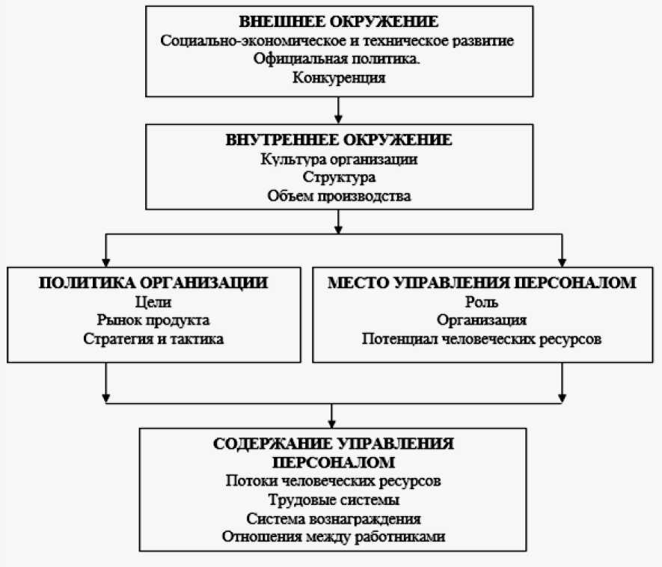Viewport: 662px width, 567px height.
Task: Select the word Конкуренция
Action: pyautogui.click(x=338, y=77)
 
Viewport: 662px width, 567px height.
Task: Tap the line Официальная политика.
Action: pyautogui.click(x=338, y=58)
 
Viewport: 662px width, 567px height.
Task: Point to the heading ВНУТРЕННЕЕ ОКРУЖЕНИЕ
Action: pyautogui.click(x=338, y=140)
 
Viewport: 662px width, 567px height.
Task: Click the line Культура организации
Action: pyautogui.click(x=338, y=159)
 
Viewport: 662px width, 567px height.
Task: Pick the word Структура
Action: pyautogui.click(x=338, y=178)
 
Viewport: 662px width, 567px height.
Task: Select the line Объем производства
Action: pyautogui.click(x=338, y=197)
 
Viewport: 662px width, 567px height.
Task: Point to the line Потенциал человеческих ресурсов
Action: pyautogui.click(x=482, y=340)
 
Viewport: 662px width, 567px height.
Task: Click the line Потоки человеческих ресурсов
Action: pyautogui.click(x=333, y=480)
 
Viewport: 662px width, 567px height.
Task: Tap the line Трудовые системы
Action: pyautogui.click(x=333, y=499)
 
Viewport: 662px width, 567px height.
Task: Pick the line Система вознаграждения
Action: pyautogui.click(x=333, y=518)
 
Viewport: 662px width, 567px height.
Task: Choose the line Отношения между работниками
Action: pyautogui.click(x=333, y=536)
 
